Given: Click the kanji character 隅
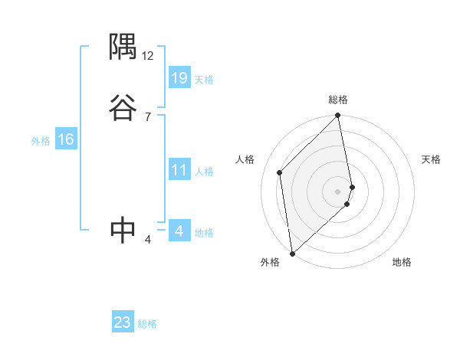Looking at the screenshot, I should (x=123, y=49).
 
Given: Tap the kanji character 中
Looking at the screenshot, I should (x=123, y=229).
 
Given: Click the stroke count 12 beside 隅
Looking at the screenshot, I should (x=148, y=56).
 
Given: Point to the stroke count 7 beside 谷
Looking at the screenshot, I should (x=148, y=116).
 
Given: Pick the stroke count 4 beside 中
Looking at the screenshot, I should (x=148, y=240).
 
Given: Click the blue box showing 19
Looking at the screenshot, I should (x=179, y=78).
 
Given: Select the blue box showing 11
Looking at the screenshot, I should (x=179, y=171).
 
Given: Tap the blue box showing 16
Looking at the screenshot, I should (x=66, y=139).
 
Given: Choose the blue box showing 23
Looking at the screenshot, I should (x=123, y=322).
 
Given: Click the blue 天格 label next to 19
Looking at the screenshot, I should (x=204, y=80).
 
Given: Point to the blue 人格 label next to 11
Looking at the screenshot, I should (x=204, y=172).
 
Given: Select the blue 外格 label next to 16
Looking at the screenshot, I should (x=41, y=141).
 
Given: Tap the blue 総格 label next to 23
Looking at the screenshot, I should (x=147, y=324).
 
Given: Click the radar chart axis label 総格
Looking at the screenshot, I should (x=338, y=100).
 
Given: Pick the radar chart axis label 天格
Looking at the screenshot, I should (x=431, y=159).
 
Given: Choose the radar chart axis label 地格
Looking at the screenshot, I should (x=402, y=262).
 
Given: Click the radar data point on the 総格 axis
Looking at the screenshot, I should (x=338, y=116).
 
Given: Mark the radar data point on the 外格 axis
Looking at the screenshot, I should (x=292, y=253).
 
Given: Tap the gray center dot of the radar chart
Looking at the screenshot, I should (x=338, y=191).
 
